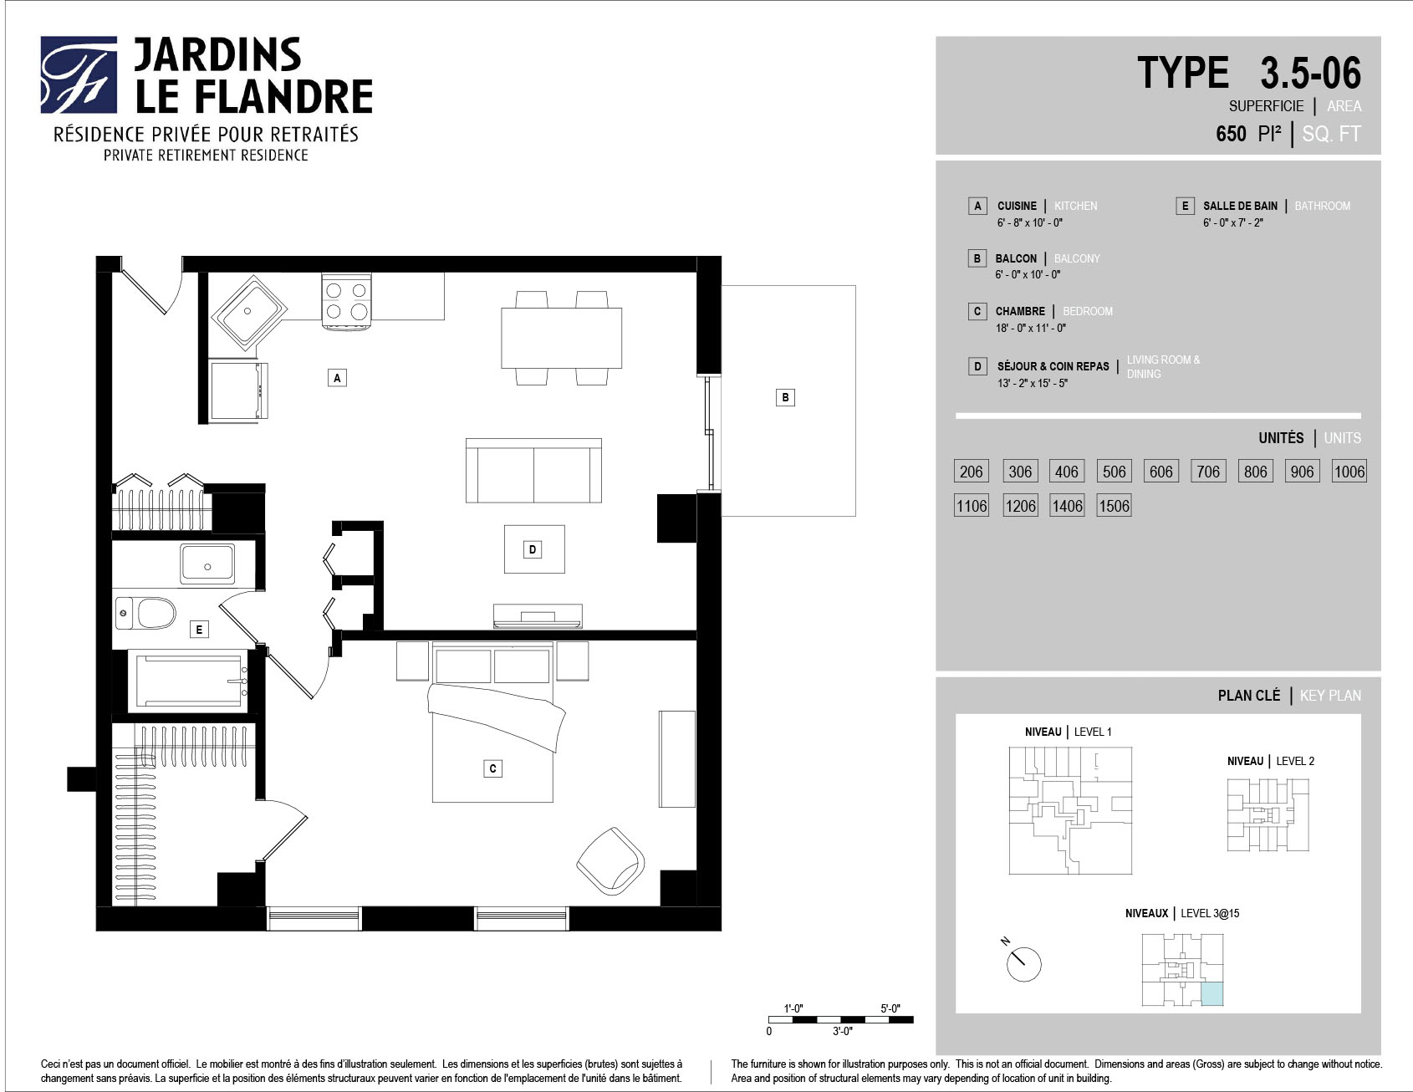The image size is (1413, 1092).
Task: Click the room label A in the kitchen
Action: (x=337, y=378)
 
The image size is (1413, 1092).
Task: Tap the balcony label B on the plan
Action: (x=785, y=397)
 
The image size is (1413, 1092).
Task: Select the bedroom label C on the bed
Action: (x=493, y=768)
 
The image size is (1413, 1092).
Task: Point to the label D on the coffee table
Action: (x=533, y=549)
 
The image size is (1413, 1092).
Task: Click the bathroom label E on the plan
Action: (x=198, y=629)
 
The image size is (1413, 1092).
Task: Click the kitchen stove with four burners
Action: (x=346, y=301)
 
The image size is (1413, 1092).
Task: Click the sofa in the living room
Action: (x=533, y=471)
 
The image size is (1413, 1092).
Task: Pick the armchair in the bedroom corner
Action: (x=610, y=861)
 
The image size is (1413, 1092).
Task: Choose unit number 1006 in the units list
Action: (x=1349, y=472)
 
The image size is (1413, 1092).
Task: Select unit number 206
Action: (x=971, y=472)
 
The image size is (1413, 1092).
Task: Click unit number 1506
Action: (x=1114, y=506)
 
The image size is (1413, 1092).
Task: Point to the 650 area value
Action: (x=1231, y=134)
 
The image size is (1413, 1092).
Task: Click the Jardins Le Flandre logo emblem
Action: (x=79, y=74)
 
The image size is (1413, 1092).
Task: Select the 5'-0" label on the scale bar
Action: (x=890, y=1008)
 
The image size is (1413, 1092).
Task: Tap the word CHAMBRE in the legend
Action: (x=1020, y=311)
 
